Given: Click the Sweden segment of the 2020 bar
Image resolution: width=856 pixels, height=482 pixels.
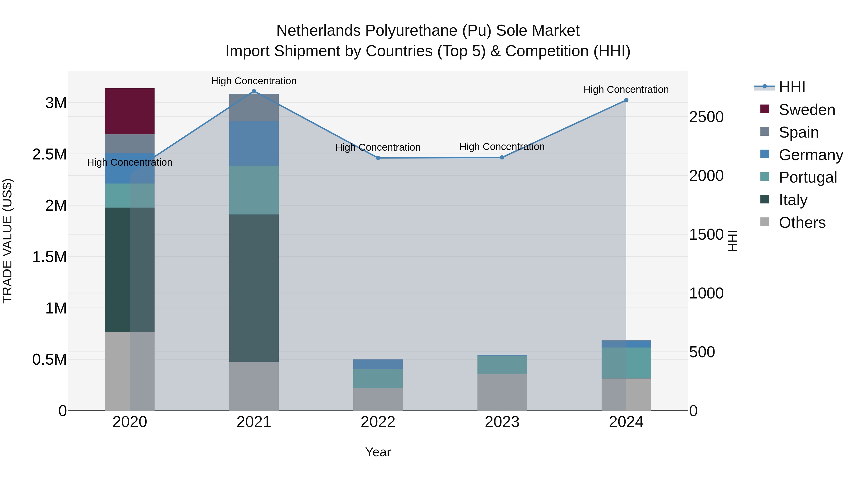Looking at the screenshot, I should pyautogui.click(x=130, y=111).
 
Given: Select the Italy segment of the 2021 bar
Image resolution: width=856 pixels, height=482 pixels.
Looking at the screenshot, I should pyautogui.click(x=254, y=288).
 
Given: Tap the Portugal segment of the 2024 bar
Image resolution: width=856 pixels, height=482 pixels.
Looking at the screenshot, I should pyautogui.click(x=626, y=363).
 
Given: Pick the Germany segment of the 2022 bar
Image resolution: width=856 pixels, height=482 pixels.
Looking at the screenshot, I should pyautogui.click(x=378, y=364).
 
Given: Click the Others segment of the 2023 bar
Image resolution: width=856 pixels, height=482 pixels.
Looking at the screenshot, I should pyautogui.click(x=502, y=392).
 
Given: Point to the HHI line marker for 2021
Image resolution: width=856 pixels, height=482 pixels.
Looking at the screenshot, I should pyautogui.click(x=254, y=91).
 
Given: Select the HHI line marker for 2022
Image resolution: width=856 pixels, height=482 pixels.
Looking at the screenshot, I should pyautogui.click(x=378, y=158).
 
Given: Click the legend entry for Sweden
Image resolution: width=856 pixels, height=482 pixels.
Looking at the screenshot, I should pyautogui.click(x=807, y=110).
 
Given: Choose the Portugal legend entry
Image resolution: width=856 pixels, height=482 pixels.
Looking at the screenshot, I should pyautogui.click(x=807, y=177).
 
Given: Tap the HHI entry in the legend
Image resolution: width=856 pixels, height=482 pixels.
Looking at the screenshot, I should pyautogui.click(x=792, y=87).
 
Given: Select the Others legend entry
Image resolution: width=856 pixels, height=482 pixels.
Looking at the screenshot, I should pyautogui.click(x=802, y=223).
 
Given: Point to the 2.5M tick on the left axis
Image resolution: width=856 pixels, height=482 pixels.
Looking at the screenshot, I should pyautogui.click(x=49, y=154).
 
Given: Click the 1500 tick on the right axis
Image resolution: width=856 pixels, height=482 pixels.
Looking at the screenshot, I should pyautogui.click(x=706, y=234).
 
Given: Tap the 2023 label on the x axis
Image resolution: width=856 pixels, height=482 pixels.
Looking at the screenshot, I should pyautogui.click(x=502, y=422).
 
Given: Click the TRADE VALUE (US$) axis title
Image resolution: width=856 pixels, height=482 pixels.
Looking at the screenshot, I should pyautogui.click(x=7, y=241).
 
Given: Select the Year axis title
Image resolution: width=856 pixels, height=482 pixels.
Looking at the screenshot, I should pyautogui.click(x=378, y=452).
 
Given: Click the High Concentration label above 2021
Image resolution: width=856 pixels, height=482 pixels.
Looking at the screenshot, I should pyautogui.click(x=254, y=81).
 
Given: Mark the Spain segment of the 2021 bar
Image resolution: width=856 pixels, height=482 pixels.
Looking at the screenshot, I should pyautogui.click(x=254, y=107).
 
